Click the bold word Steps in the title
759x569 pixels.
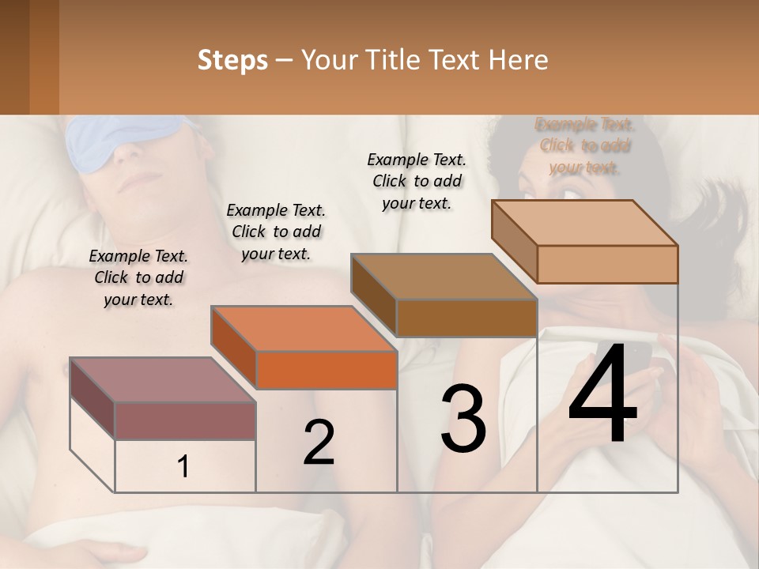click(232, 60)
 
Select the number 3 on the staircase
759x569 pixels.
click(463, 419)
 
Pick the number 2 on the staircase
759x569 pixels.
click(319, 443)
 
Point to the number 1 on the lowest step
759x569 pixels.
click(183, 467)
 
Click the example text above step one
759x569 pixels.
click(138, 277)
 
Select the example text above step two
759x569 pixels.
click(276, 232)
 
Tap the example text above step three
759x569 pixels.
click(417, 181)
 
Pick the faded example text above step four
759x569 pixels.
click(584, 145)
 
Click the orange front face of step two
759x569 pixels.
click(327, 370)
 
